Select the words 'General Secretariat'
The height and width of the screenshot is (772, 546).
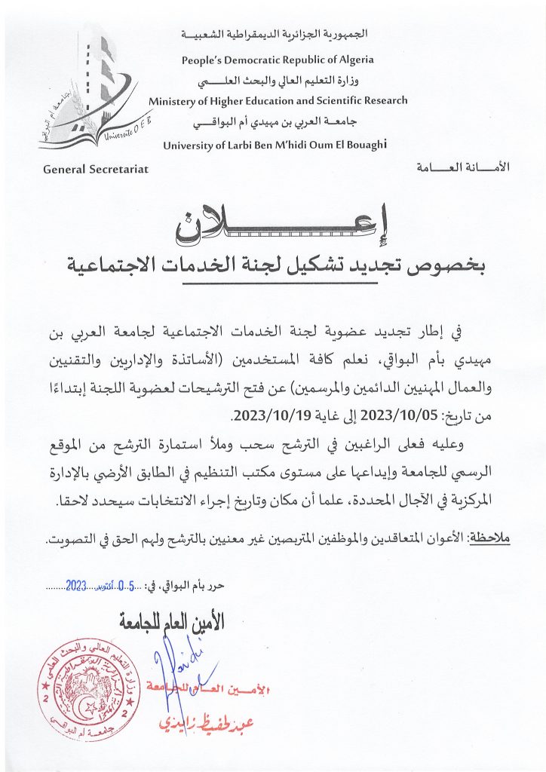click(x=96, y=169)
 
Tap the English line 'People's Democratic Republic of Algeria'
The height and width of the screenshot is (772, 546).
click(x=278, y=60)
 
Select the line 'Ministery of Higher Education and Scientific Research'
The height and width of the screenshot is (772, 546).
click(x=278, y=100)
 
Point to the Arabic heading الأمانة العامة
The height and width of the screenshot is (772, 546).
click(x=463, y=167)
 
